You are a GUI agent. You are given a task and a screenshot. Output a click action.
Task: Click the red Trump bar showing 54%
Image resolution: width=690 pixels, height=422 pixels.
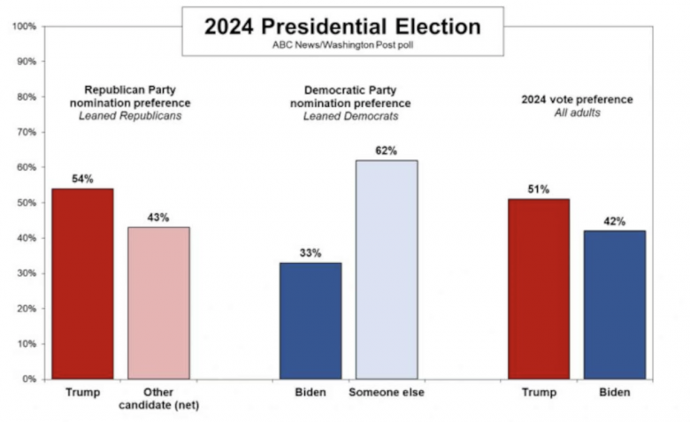tap(82, 283)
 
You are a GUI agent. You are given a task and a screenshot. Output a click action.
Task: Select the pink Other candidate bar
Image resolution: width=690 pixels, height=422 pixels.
tap(158, 303)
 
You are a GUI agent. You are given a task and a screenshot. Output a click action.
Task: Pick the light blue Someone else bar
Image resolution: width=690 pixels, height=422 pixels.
tap(387, 269)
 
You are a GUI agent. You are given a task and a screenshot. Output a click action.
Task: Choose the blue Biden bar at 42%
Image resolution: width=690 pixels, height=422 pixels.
tap(615, 304)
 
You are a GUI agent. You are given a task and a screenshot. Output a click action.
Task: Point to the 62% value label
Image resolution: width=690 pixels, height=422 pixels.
tap(386, 150)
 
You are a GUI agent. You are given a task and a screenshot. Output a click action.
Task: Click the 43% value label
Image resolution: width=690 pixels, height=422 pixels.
tap(158, 218)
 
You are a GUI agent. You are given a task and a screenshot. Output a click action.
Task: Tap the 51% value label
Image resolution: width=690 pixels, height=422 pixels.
tap(539, 189)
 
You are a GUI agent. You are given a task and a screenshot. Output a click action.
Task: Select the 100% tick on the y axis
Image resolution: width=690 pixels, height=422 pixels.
tap(24, 27)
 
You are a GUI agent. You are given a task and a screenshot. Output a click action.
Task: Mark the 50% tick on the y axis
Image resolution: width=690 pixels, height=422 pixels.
tap(26, 203)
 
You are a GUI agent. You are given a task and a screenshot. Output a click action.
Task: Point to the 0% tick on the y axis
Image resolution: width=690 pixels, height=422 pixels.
tap(29, 379)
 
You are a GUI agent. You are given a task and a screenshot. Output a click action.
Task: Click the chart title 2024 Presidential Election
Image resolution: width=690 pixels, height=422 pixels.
tap(342, 26)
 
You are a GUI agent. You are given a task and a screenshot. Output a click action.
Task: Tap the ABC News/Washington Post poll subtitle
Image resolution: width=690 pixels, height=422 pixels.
tap(342, 43)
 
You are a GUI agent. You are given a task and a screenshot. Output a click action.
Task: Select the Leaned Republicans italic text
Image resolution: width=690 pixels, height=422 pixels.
tap(137, 117)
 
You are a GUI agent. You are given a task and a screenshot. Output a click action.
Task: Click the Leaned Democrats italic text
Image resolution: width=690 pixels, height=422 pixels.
tap(351, 117)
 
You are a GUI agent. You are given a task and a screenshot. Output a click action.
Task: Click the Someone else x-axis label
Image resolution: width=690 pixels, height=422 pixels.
tap(387, 393)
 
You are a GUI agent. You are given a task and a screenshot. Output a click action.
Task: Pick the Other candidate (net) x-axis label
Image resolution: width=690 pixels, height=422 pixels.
tap(159, 399)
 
